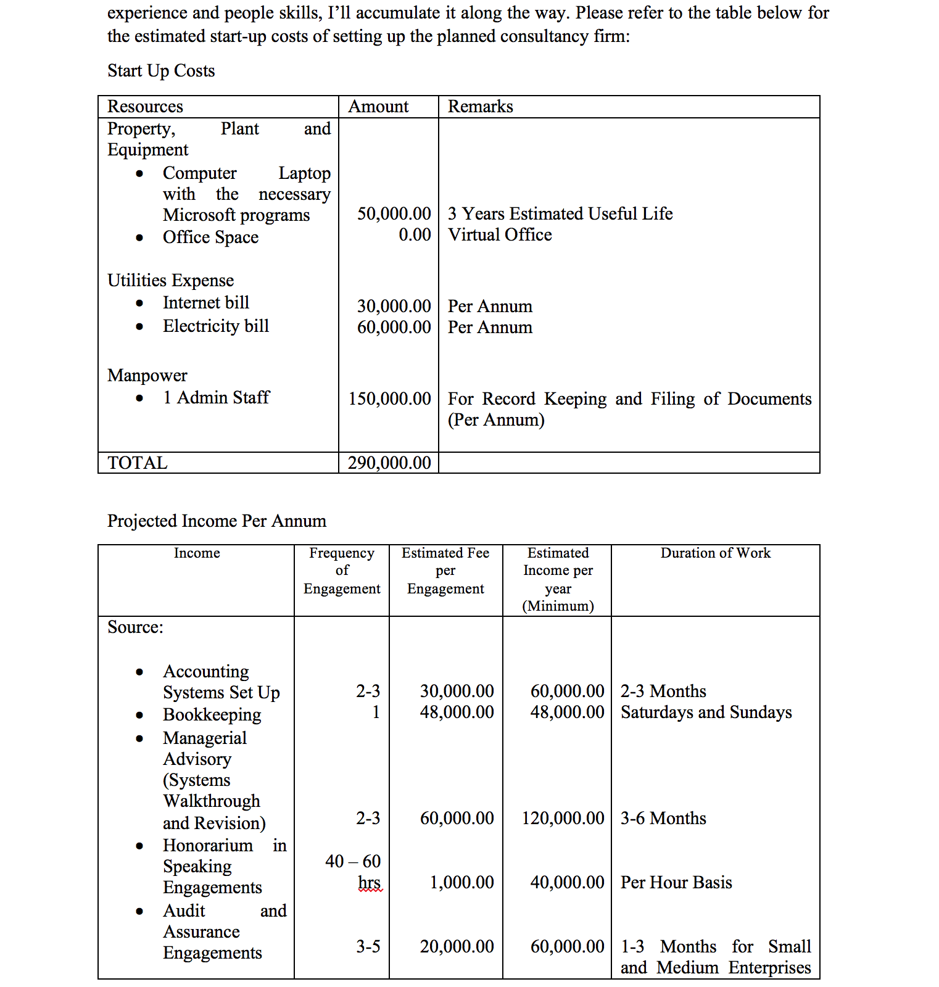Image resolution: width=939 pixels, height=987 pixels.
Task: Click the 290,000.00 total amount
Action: (x=389, y=463)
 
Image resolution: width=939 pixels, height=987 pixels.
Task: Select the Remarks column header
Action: (x=480, y=107)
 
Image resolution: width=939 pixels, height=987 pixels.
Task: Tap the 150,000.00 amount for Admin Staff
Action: (x=389, y=399)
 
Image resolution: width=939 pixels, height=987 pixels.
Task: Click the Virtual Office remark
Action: (x=500, y=235)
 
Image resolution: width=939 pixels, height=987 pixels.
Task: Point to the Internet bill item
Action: (x=205, y=303)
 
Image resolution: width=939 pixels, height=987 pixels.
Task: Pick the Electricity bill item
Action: (x=216, y=326)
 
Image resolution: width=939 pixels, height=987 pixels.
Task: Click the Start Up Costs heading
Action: (x=161, y=71)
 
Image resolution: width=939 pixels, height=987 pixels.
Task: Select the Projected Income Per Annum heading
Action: (x=217, y=521)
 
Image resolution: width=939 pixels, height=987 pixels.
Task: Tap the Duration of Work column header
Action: (x=715, y=553)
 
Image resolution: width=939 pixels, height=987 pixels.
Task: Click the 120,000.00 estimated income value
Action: (x=563, y=819)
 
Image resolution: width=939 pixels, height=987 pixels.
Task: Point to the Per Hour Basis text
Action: (x=676, y=883)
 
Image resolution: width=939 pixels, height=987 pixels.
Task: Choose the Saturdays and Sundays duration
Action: (x=706, y=712)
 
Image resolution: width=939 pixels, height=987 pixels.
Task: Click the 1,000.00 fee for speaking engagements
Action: (x=461, y=883)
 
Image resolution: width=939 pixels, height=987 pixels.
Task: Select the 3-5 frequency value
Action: (x=368, y=947)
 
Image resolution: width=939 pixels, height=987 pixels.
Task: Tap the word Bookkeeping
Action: (x=212, y=715)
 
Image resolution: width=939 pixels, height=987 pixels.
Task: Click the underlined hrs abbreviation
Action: (x=370, y=883)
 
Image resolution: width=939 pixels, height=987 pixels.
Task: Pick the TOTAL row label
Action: (x=137, y=463)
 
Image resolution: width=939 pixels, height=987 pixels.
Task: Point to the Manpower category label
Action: (x=147, y=376)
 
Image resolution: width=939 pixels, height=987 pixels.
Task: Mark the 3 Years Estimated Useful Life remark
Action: (x=560, y=214)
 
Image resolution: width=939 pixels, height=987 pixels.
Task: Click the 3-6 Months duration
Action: (x=663, y=819)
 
